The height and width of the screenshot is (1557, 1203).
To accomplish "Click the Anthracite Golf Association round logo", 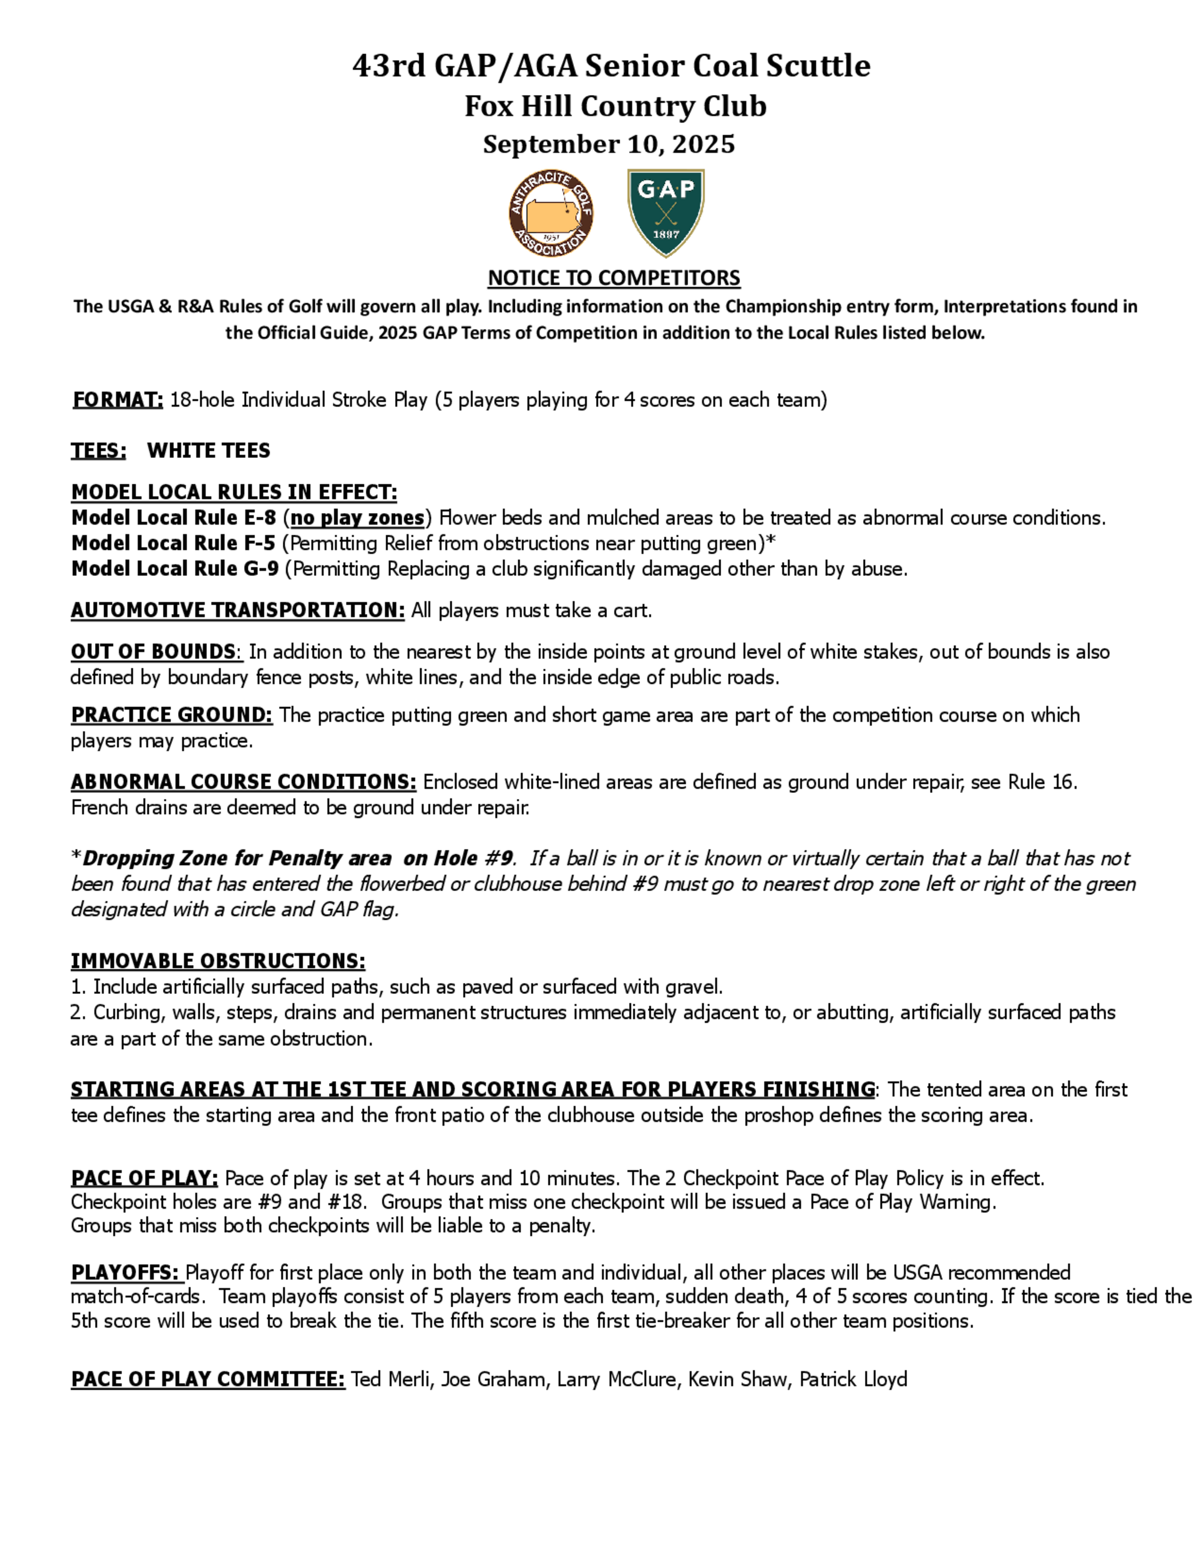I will point(551,213).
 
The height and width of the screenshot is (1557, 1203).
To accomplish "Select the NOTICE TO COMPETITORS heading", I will point(614,277).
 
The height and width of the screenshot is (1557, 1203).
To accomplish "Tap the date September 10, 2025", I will point(609,144).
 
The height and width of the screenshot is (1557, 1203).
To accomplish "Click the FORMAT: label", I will point(117,400).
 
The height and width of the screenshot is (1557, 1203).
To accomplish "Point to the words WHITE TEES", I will point(208,451).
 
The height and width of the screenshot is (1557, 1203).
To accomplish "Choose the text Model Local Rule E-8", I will point(173,517).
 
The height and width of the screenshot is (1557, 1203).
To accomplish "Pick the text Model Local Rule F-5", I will point(173,543).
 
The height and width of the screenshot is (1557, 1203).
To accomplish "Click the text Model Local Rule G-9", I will point(174,569).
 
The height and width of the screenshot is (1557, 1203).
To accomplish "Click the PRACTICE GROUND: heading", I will point(171,715).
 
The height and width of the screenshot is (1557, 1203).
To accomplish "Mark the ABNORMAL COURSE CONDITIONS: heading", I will point(243,782).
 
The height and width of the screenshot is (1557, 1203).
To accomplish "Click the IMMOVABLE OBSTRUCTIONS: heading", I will point(217,961).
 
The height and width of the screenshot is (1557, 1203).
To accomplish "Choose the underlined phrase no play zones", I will point(357,517).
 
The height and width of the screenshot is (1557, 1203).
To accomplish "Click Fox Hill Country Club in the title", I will point(615,106).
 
